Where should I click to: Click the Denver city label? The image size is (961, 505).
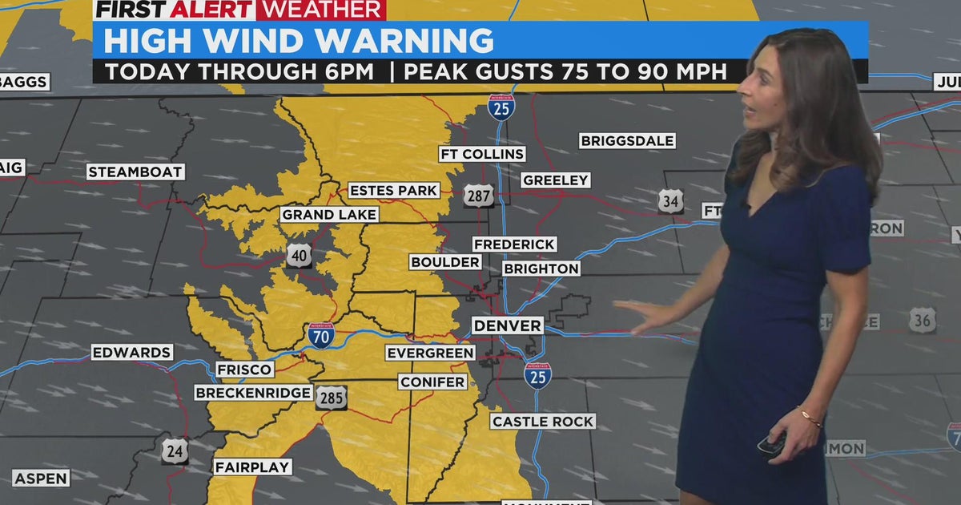(507, 325)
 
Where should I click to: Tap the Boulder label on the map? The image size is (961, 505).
(445, 262)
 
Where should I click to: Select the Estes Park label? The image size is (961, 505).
(393, 190)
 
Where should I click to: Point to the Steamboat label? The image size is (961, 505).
(136, 172)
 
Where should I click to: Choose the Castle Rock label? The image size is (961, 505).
(543, 421)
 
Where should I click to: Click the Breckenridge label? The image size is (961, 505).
(253, 393)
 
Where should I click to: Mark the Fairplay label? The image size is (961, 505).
(252, 467)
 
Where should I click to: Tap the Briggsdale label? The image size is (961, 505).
(627, 141)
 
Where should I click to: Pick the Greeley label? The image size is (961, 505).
(556, 180)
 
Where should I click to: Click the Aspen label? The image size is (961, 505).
(40, 478)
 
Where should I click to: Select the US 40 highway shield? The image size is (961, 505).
(299, 256)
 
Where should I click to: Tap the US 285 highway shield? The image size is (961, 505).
(331, 398)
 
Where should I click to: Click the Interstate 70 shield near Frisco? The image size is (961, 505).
(321, 335)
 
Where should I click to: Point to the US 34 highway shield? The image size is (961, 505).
(671, 201)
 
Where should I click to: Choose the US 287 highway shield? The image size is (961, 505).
(478, 196)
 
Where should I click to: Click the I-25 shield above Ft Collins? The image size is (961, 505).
(501, 107)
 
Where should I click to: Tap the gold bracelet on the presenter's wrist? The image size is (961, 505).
(810, 418)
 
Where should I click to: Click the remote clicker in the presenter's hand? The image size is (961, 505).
(770, 444)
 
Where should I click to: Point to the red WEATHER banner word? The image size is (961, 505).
(320, 10)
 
